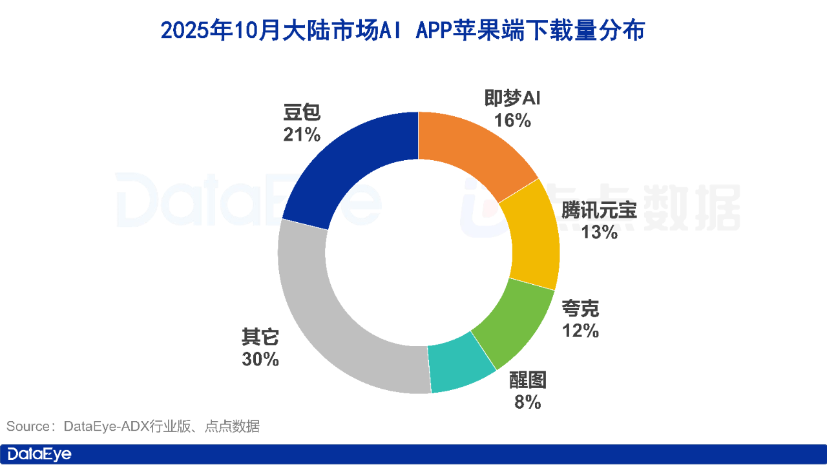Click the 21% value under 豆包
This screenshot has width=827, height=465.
[302, 134]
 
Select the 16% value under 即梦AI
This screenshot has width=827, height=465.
[512, 120]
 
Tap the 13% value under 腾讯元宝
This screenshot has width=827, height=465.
[599, 232]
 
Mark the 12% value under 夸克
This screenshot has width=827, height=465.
[580, 331]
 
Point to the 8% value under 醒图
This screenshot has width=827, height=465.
[528, 402]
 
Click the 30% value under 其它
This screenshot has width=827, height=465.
[260, 359]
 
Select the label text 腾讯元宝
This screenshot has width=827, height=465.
[599, 211]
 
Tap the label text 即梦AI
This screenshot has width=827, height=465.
[512, 99]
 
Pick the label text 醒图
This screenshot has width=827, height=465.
[528, 380]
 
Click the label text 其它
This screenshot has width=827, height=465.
[260, 338]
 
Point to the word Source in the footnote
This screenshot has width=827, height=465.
[27, 426]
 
